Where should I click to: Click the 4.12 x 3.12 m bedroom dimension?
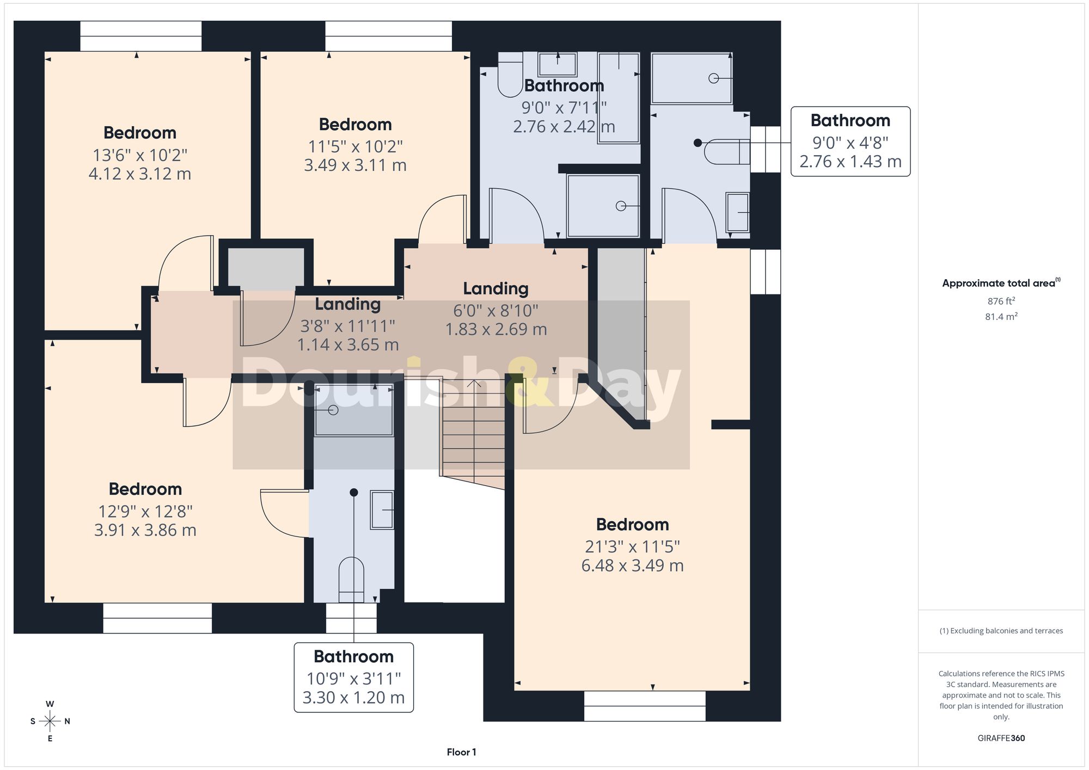pyautogui.click(x=140, y=174)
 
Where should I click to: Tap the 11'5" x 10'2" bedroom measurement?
pyautogui.click(x=355, y=146)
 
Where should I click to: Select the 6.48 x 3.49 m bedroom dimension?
pyautogui.click(x=632, y=565)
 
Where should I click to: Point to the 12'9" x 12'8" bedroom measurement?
pyautogui.click(x=145, y=512)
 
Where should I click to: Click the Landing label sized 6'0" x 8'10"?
pyautogui.click(x=495, y=288)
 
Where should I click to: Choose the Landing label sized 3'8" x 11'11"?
pyautogui.click(x=347, y=304)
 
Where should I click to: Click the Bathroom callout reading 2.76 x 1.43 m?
pyautogui.click(x=851, y=141)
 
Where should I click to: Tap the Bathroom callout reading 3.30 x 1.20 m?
pyautogui.click(x=354, y=677)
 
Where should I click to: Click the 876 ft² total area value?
pyautogui.click(x=1001, y=301)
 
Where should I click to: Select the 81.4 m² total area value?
pyautogui.click(x=1001, y=316)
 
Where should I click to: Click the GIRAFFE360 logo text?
pyautogui.click(x=1001, y=738)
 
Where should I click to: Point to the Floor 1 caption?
pyautogui.click(x=461, y=752)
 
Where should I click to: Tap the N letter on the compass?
pyautogui.click(x=68, y=722)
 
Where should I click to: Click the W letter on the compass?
pyautogui.click(x=50, y=704)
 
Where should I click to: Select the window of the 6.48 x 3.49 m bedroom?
pyautogui.click(x=645, y=706)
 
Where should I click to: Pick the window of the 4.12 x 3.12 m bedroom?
pyautogui.click(x=141, y=36)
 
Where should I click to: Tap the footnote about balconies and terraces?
pyautogui.click(x=1001, y=631)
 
